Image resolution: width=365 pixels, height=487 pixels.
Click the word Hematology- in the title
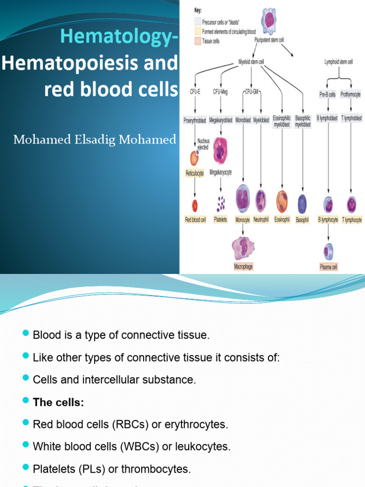tap(118, 37)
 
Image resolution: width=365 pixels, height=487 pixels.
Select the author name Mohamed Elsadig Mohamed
tap(95, 139)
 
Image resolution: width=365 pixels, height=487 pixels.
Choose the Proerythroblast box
tap(195, 120)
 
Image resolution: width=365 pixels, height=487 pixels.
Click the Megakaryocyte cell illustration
tap(220, 151)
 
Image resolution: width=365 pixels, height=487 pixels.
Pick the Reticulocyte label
tap(194, 174)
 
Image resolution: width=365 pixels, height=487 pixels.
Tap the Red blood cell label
tap(195, 220)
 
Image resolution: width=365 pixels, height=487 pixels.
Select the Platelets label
tap(221, 220)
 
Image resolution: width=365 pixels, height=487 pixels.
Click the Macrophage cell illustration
tap(243, 248)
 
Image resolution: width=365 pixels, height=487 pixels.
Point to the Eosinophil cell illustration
tap(282, 201)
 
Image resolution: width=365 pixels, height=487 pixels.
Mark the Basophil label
tap(302, 220)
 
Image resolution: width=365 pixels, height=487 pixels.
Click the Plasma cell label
tap(328, 267)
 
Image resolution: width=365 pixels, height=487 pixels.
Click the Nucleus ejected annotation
tap(203, 144)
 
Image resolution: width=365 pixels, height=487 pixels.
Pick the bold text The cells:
tap(58, 402)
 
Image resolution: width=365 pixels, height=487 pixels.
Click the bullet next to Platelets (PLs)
tap(26, 468)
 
